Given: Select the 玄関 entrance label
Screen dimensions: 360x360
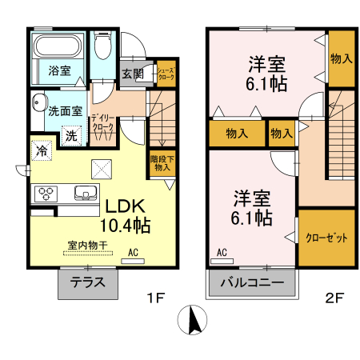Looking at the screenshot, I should pos(134,74).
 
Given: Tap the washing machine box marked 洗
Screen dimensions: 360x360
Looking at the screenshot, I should pos(71,135).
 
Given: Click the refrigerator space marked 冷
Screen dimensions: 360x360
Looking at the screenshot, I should pos(41,149).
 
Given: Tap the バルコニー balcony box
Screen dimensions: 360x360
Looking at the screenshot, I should pos(250,283).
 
